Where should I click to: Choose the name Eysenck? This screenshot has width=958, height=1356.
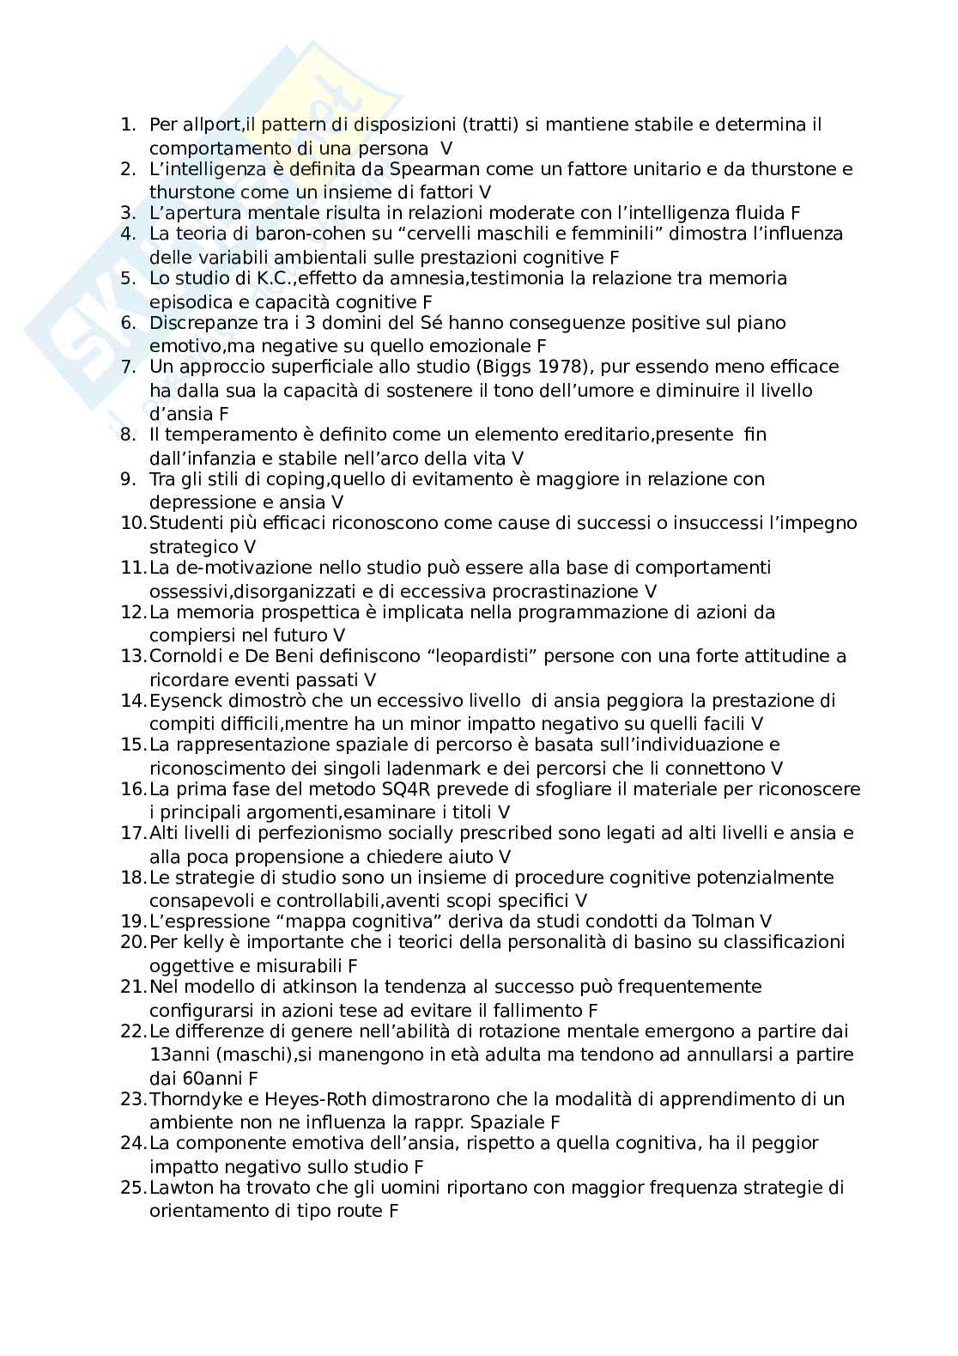(182, 700)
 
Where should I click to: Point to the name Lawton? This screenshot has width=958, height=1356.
(177, 1188)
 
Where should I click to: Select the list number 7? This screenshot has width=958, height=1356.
(128, 367)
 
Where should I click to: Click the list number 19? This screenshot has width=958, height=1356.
(132, 921)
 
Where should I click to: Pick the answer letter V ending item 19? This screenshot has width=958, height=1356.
(766, 921)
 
